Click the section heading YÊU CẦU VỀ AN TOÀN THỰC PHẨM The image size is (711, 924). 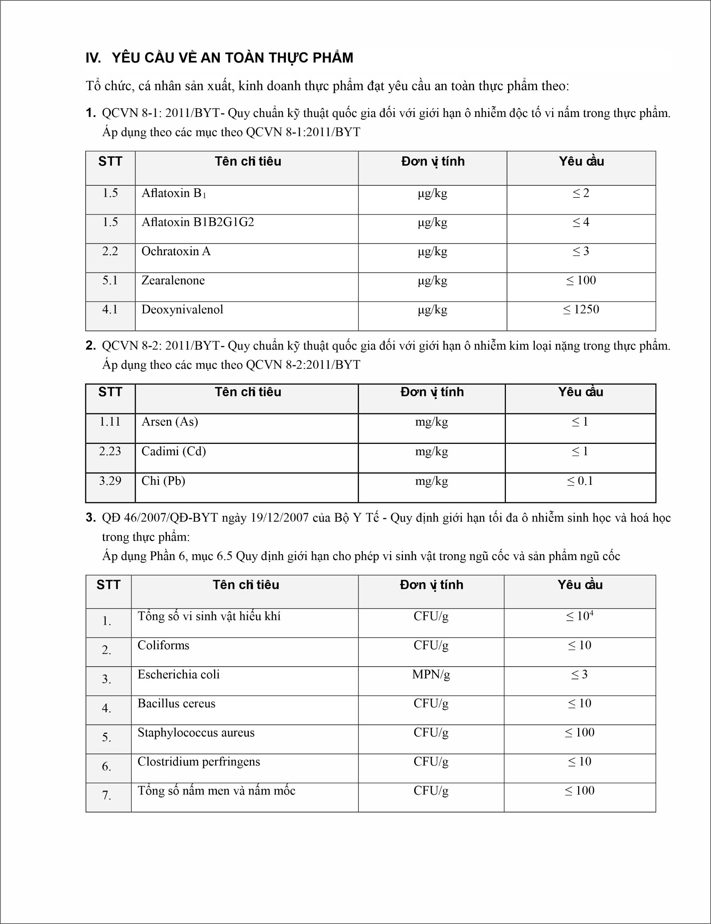(232, 57)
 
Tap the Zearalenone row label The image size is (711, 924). (173, 280)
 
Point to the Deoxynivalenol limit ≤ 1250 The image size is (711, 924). (581, 310)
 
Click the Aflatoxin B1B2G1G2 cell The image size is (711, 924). (197, 222)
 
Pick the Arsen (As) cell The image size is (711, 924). (169, 422)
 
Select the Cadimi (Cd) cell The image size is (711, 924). (174, 452)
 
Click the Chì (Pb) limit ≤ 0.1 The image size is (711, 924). (580, 481)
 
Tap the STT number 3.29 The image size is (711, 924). (110, 481)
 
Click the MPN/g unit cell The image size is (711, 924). (431, 674)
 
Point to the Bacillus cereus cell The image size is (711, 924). (176, 703)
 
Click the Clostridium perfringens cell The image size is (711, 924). (199, 762)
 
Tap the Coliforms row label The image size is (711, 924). (163, 646)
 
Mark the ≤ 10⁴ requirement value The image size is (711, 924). (580, 616)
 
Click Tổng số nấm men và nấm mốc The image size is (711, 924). (216, 791)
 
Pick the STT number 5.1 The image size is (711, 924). (110, 280)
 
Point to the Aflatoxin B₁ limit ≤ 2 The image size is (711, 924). (581, 193)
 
